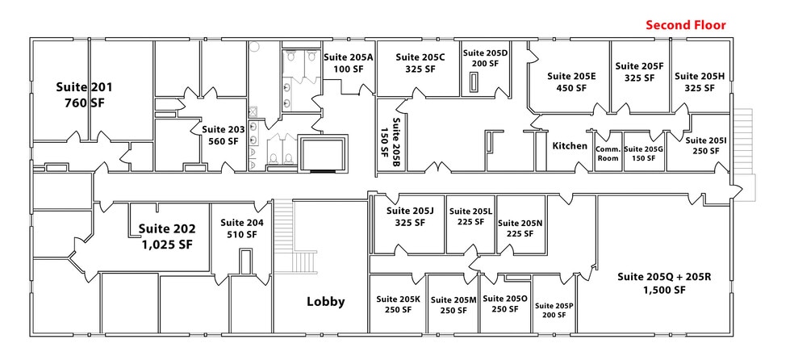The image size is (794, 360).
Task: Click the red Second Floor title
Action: [x=686, y=25]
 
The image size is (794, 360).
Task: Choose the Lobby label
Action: [x=325, y=302]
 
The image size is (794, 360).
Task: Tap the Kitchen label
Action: [x=570, y=146]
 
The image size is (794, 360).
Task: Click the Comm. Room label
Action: [x=607, y=153]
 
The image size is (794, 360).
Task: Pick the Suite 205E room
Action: [x=570, y=82]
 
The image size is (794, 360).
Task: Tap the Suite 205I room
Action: [x=706, y=145]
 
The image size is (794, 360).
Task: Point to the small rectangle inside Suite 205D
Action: [x=474, y=82]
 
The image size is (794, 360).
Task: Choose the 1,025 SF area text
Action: [x=165, y=244]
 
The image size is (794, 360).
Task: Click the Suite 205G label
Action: [x=643, y=153]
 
